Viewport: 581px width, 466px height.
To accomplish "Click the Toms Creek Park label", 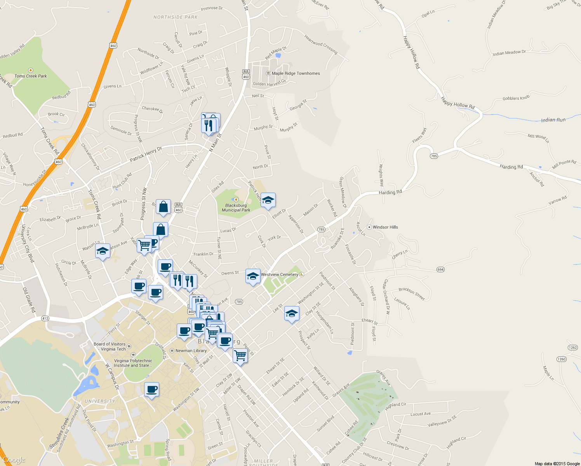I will [x=31, y=76].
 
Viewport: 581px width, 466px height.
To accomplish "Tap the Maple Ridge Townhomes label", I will [x=296, y=73].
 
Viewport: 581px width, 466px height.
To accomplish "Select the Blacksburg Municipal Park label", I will [x=236, y=208].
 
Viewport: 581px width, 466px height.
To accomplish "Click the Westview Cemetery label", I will [x=280, y=275].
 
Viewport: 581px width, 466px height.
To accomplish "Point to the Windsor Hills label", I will [x=385, y=227].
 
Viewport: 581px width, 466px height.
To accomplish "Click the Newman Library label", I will [x=191, y=351].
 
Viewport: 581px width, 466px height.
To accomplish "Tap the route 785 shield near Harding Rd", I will [x=434, y=156].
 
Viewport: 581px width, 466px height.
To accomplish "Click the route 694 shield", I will [x=440, y=270].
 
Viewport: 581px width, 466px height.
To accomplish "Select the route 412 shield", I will [x=45, y=318].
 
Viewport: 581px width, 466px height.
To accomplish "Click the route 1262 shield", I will [x=573, y=348].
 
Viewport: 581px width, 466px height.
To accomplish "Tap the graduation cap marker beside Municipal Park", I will [x=268, y=200].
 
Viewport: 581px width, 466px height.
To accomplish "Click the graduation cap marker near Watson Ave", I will [x=103, y=251].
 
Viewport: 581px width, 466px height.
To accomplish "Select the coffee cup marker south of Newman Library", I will [x=151, y=389].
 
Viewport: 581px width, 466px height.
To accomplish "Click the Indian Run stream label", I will [x=553, y=120].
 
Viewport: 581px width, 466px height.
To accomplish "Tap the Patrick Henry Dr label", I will [x=146, y=155].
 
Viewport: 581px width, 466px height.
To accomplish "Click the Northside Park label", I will [x=176, y=17].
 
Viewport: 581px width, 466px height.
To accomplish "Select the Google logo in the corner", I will [x=14, y=460].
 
